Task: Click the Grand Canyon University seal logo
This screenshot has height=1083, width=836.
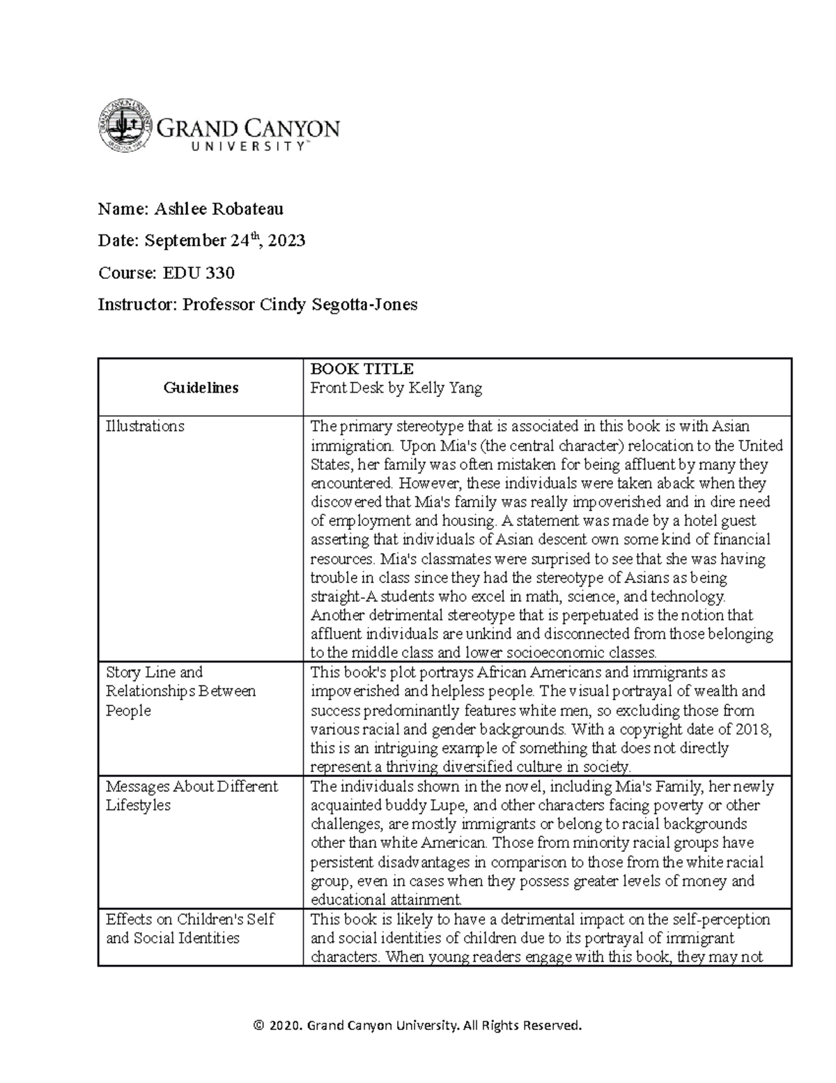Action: click(125, 126)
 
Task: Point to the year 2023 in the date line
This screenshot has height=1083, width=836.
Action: click(286, 241)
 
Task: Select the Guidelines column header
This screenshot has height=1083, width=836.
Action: click(201, 388)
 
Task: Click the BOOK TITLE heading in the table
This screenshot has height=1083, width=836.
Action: click(362, 369)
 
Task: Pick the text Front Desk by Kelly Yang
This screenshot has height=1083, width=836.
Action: click(396, 388)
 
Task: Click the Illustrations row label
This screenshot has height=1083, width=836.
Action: click(145, 426)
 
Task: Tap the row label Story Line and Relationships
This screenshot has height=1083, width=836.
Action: click(180, 691)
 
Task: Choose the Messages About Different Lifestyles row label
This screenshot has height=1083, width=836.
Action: click(192, 796)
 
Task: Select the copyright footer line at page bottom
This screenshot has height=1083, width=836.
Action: click(417, 1025)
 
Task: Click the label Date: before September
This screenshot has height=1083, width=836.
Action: click(119, 241)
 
